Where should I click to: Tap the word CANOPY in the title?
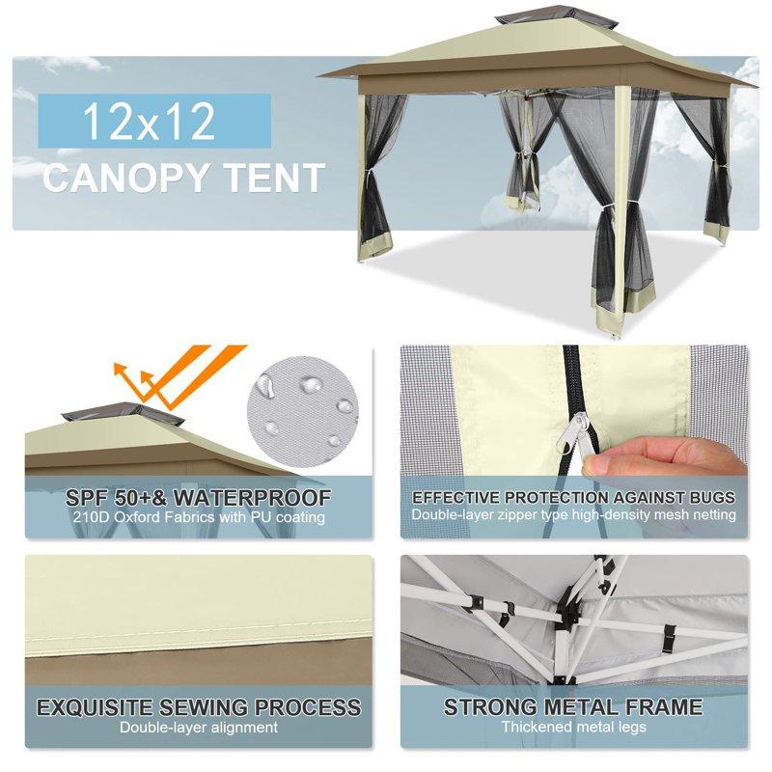[x=131, y=179]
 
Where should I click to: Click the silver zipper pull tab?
[x=581, y=425]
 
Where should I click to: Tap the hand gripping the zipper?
[x=666, y=454]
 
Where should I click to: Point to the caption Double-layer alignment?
[x=199, y=727]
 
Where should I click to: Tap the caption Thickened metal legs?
[x=573, y=727]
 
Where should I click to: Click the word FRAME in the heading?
[x=659, y=707]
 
